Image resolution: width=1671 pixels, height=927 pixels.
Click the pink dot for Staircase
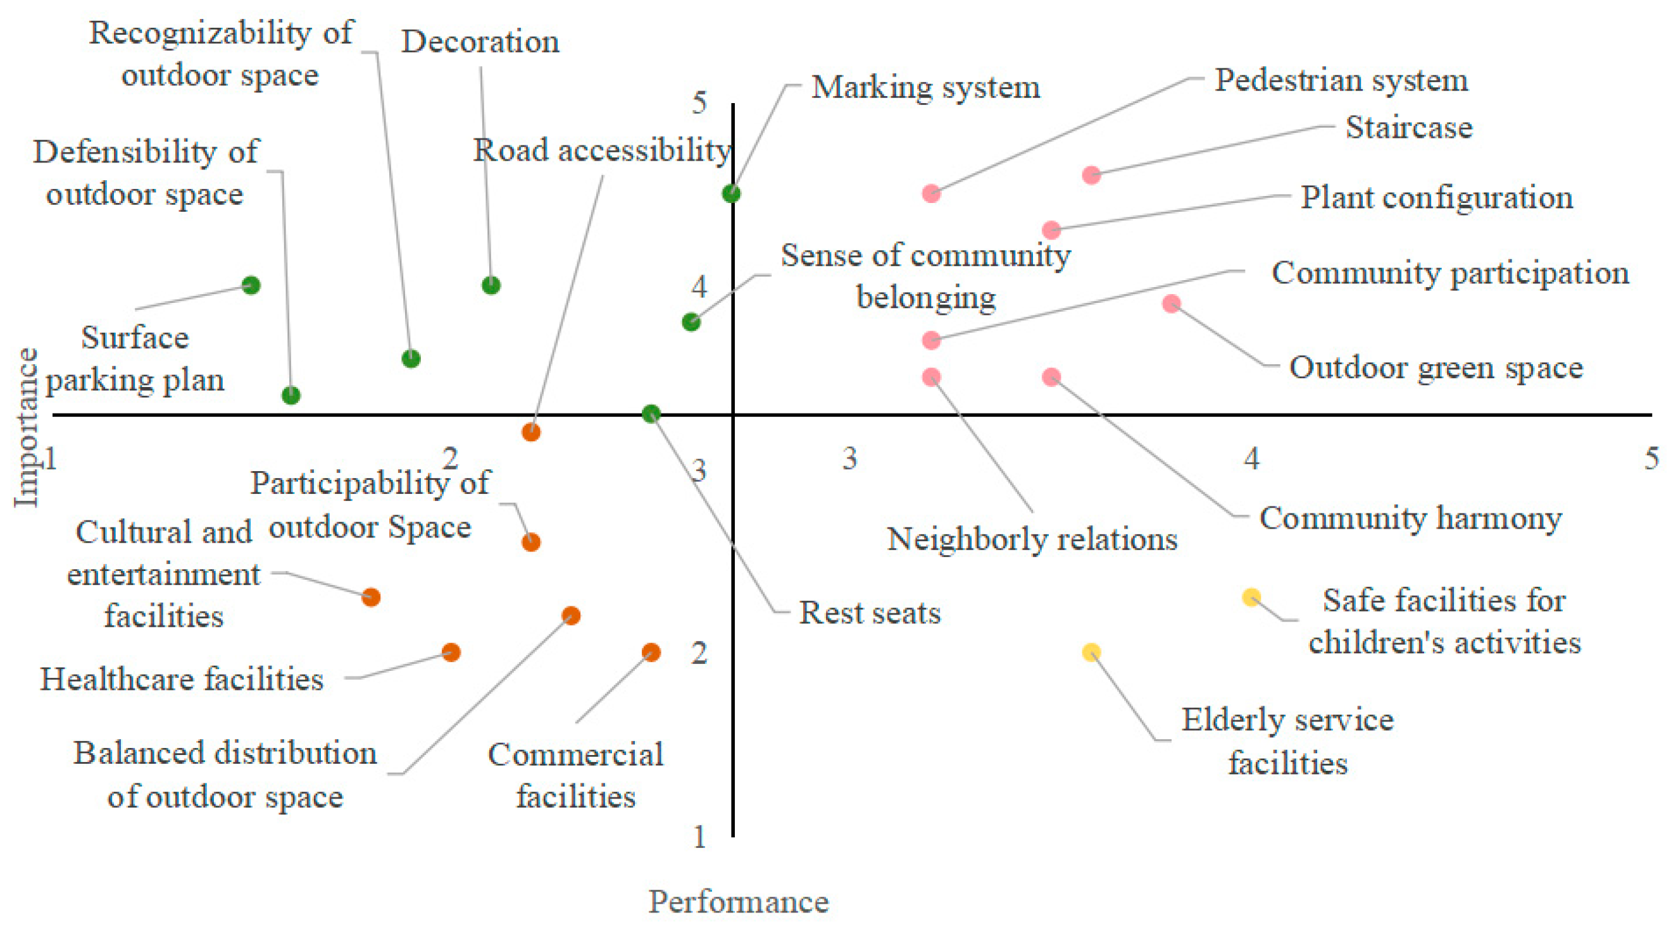[x=1091, y=175]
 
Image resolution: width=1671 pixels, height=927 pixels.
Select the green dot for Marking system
[x=731, y=193]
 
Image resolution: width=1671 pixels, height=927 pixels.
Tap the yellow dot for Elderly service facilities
[x=1091, y=651]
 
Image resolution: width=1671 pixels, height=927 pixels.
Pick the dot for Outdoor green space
[x=1171, y=304]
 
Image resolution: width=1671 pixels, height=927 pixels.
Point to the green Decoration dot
[x=491, y=285]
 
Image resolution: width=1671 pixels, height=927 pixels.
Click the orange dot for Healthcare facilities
[x=451, y=651]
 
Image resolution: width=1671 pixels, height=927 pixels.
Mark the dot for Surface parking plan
[x=251, y=285]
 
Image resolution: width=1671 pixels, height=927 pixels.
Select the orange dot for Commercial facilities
[x=651, y=651]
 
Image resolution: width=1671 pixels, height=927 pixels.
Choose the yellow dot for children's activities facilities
[x=1251, y=597]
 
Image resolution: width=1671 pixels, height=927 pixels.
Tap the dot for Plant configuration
[x=1051, y=230]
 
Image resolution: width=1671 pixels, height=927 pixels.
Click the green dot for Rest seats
[x=651, y=413]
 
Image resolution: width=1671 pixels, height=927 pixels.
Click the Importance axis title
[x=26, y=428]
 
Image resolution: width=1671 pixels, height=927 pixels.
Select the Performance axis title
[x=738, y=902]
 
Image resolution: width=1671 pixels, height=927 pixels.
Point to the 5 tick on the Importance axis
[x=699, y=102]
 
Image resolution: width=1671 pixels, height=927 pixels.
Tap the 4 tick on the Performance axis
[x=1251, y=458]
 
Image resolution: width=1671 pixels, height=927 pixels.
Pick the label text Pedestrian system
[x=1341, y=80]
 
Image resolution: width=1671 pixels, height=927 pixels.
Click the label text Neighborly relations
[x=1032, y=539]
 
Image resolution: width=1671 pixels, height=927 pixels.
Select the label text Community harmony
[x=1410, y=518]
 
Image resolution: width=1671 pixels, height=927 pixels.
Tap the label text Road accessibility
[x=602, y=150]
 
